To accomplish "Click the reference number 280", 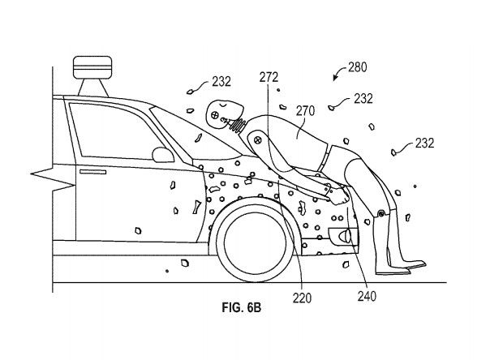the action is click(x=357, y=67).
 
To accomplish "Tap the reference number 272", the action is click(x=269, y=77).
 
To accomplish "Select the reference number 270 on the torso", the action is click(x=305, y=111).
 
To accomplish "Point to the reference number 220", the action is click(x=302, y=298).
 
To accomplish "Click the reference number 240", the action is click(x=367, y=296).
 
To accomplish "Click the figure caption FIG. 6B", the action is click(x=242, y=308).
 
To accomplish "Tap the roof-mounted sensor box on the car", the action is click(x=92, y=67).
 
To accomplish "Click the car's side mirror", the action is click(x=163, y=155).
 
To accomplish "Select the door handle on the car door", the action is click(x=92, y=172).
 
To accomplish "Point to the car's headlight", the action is click(x=343, y=235).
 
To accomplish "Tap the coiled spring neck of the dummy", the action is click(x=238, y=125).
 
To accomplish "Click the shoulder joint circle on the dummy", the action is click(x=257, y=139).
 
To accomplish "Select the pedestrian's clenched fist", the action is click(x=340, y=196).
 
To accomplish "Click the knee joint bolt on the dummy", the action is click(x=380, y=213).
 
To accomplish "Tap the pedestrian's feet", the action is click(x=401, y=268).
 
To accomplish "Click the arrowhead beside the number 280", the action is click(x=335, y=78).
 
